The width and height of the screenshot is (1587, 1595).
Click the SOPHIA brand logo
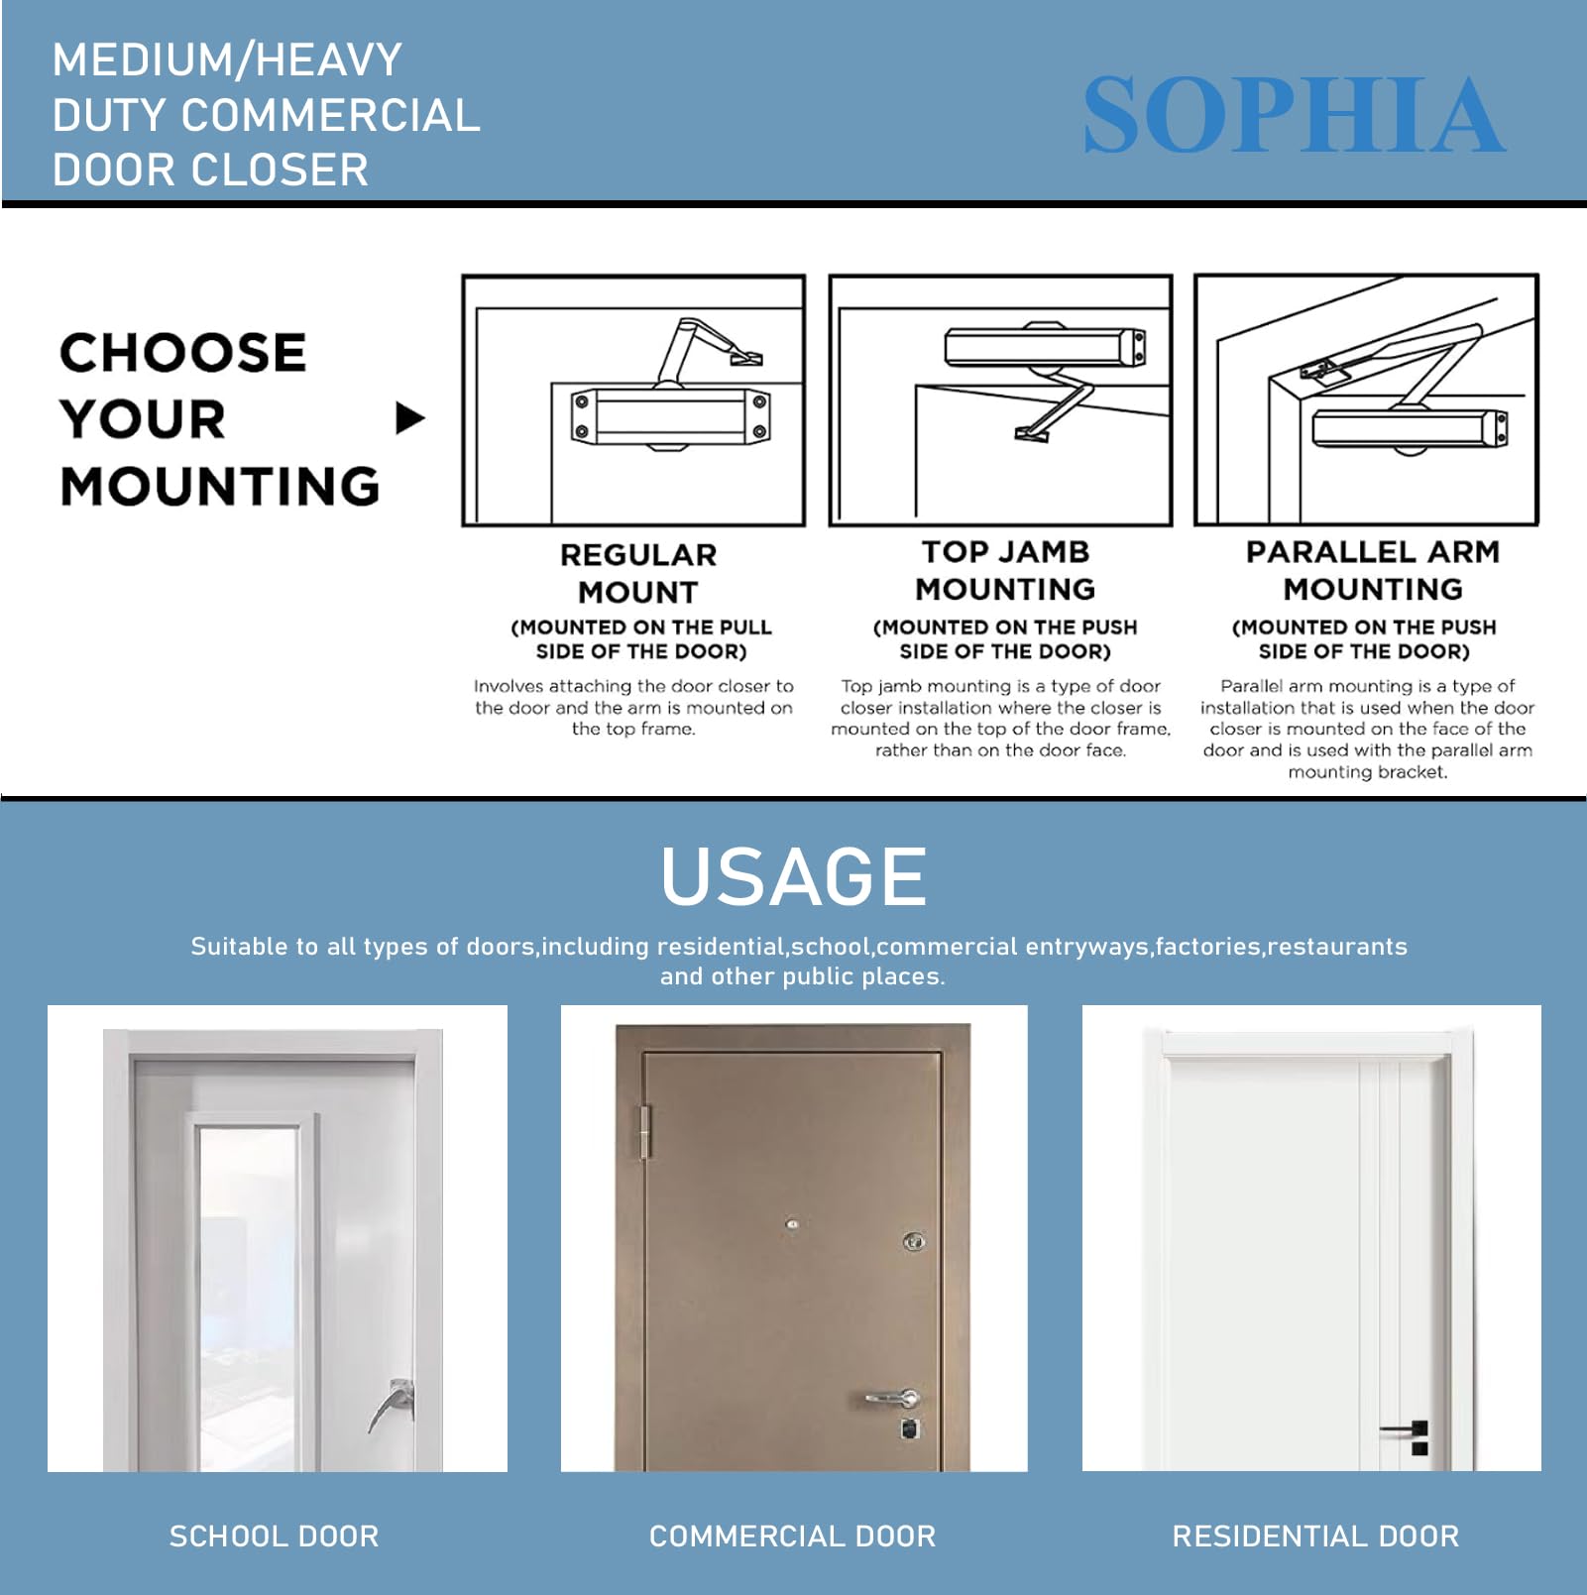[x=1294, y=116]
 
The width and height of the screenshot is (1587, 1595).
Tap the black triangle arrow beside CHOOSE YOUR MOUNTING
[x=409, y=418]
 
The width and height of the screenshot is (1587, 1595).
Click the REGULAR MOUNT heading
[x=637, y=573]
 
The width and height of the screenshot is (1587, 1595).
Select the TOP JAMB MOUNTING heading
[x=1004, y=570]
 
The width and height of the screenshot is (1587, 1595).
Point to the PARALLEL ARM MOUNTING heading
[x=1372, y=570]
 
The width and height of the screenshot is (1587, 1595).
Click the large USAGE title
[x=793, y=876]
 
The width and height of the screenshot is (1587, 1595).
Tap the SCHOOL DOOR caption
[x=274, y=1536]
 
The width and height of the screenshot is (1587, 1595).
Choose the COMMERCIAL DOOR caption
[x=792, y=1536]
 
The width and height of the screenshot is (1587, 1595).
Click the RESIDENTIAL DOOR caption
[x=1314, y=1536]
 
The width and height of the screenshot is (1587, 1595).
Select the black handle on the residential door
[x=1407, y=1429]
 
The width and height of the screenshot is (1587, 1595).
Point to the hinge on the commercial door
[x=645, y=1132]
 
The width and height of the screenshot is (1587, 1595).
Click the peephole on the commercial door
[x=792, y=1225]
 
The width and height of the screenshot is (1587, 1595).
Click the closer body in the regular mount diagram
[x=669, y=416]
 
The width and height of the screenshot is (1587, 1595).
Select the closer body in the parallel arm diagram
[x=1408, y=428]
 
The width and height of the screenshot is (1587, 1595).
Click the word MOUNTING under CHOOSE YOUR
[x=219, y=487]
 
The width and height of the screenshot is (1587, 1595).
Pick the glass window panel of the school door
[x=248, y=1289]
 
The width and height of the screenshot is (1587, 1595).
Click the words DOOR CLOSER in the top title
[x=210, y=170]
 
